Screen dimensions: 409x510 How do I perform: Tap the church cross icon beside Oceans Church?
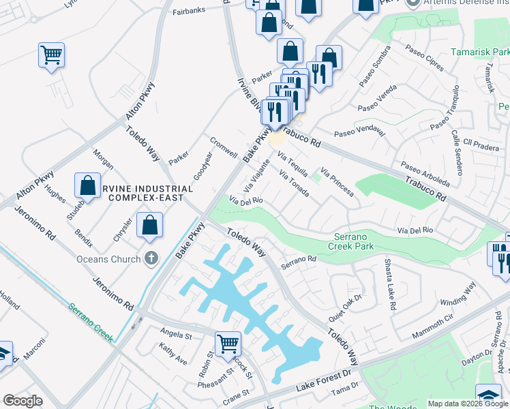pyautogui.click(x=151, y=259)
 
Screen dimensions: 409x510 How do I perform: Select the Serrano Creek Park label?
pyautogui.click(x=350, y=240)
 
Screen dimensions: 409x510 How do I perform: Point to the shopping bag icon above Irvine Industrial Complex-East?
pyautogui.click(x=88, y=184)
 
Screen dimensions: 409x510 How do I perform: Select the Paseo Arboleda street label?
pyautogui.click(x=425, y=174)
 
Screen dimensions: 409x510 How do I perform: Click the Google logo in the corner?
pyautogui.click(x=22, y=401)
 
